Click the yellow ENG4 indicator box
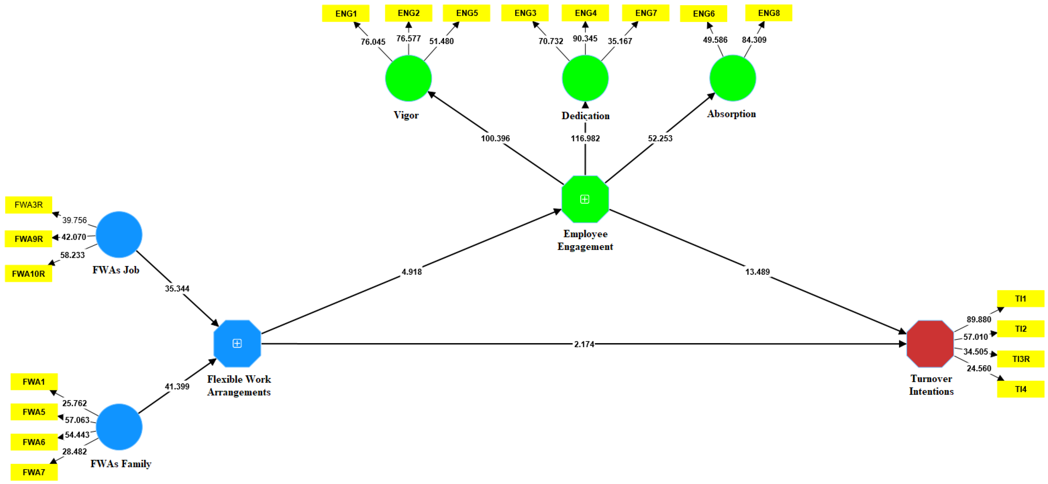pyautogui.click(x=585, y=13)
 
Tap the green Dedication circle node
pyautogui.click(x=585, y=78)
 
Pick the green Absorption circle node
pyautogui.click(x=732, y=78)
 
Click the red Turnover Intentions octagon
pyautogui.click(x=930, y=344)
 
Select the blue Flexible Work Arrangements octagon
pyautogui.click(x=237, y=344)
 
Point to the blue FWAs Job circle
pyautogui.click(x=119, y=235)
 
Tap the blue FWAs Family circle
pyautogui.click(x=119, y=427)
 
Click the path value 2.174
pyautogui.click(x=584, y=344)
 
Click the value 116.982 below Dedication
pyautogui.click(x=585, y=138)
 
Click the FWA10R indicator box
pyautogui.click(x=29, y=274)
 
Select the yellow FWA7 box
pyautogui.click(x=34, y=472)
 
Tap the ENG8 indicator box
pyautogui.click(x=769, y=13)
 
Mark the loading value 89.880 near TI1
pyautogui.click(x=978, y=319)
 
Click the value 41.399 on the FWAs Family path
pyautogui.click(x=177, y=386)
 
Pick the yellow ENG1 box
pyautogui.click(x=346, y=13)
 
